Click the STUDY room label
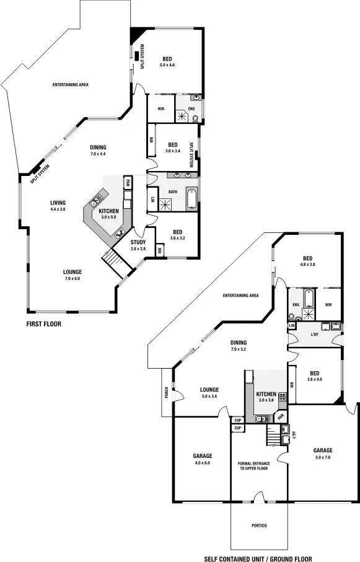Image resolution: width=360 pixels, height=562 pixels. pos(138,242)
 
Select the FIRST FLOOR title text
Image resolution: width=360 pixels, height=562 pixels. pos(43,323)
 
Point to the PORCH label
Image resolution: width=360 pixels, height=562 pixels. pos(166,392)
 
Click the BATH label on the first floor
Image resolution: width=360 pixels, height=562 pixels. pos(172,191)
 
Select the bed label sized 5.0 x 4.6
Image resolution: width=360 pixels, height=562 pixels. pos(168,61)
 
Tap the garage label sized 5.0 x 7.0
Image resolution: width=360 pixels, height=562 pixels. pos(323,450)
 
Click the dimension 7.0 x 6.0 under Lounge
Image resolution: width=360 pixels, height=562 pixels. pos(72,279)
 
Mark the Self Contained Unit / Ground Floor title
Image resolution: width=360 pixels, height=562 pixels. pos(259,558)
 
